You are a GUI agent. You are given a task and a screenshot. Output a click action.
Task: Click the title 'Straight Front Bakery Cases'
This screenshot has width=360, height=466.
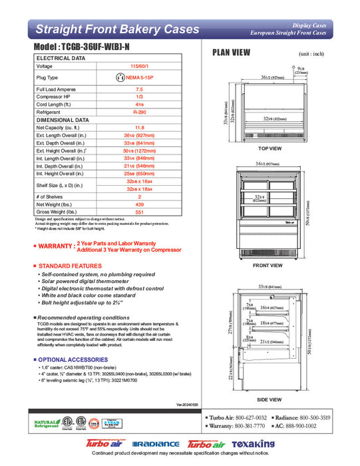116,29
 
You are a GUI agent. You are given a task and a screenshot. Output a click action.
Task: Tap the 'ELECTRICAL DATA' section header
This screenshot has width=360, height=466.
60,59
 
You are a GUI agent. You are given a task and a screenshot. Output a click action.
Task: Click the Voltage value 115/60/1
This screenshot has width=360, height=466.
139,67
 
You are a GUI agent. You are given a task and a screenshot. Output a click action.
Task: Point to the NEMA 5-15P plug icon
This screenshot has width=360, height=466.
121,77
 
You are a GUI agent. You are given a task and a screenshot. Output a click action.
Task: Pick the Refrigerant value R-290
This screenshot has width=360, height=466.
139,113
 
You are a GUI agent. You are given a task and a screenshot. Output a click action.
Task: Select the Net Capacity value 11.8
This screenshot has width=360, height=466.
139,127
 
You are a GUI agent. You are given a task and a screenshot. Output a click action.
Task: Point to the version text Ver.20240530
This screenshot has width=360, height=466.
188,404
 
